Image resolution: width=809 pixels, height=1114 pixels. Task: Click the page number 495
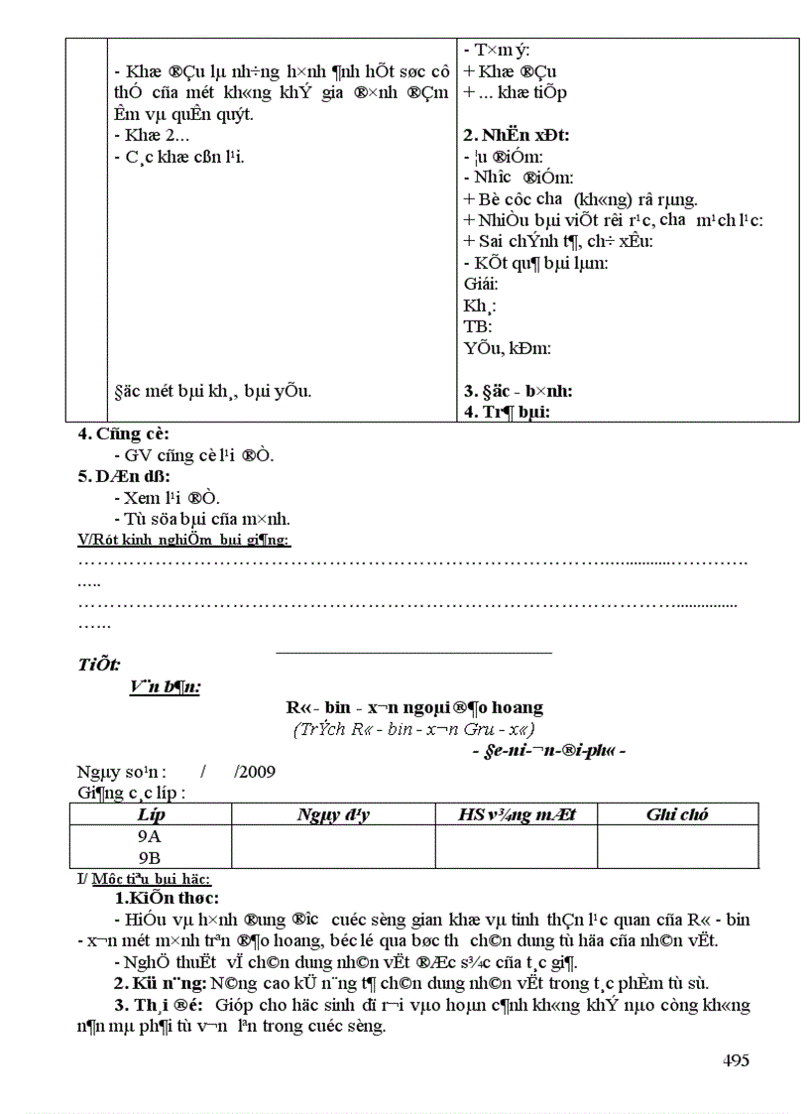pos(735,1060)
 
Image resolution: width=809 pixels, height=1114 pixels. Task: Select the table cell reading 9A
pos(150,836)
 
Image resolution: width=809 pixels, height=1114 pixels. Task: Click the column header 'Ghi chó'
pos(677,814)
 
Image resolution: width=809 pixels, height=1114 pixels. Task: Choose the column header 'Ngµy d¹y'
pos(332,814)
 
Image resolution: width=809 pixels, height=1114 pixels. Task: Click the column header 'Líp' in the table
pos(150,814)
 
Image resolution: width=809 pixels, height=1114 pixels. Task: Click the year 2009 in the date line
pos(255,771)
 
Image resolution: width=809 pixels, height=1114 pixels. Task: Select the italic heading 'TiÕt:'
pos(99,664)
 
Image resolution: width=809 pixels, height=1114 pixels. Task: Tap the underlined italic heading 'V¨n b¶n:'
pos(164,686)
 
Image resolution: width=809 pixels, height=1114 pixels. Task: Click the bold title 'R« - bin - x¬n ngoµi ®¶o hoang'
pos(414,707)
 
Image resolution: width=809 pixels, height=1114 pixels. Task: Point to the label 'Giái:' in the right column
pos(481,284)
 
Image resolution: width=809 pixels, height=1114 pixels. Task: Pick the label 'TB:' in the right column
pos(477,326)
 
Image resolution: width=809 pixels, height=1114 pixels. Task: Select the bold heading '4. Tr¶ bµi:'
pos(507,412)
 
